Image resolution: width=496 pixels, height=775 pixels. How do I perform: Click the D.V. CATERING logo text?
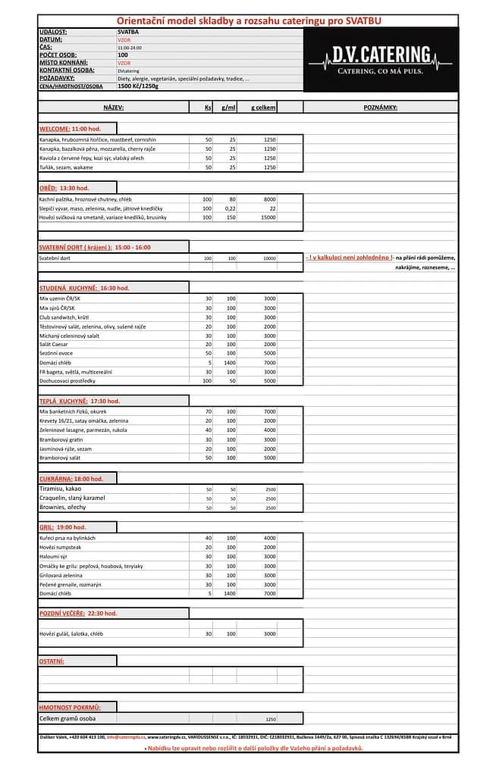coord(381,54)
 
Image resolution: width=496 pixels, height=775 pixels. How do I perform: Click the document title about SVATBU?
coord(247,20)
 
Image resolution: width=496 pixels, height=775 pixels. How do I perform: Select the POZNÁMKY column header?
coord(380,108)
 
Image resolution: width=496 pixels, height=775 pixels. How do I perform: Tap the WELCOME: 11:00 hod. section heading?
coord(70,129)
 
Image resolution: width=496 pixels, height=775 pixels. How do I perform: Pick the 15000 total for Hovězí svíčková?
coord(268,217)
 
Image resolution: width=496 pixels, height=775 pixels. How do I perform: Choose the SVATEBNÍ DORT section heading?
coord(95,247)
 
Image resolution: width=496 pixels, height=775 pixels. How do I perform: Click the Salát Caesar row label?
coord(55,344)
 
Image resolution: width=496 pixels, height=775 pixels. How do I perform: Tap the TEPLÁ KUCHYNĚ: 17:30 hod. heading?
coord(80,401)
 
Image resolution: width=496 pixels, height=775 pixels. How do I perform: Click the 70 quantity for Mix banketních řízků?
coord(208,411)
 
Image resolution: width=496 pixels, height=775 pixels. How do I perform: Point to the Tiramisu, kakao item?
coord(61,489)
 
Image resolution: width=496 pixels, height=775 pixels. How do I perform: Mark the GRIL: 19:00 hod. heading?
coord(63,527)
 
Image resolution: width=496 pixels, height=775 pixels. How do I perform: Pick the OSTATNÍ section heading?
coord(52,661)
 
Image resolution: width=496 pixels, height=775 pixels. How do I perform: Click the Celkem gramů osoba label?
coord(67,718)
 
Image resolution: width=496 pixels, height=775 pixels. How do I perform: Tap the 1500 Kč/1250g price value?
coord(138,86)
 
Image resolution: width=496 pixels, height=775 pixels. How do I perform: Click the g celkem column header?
coord(263,108)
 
